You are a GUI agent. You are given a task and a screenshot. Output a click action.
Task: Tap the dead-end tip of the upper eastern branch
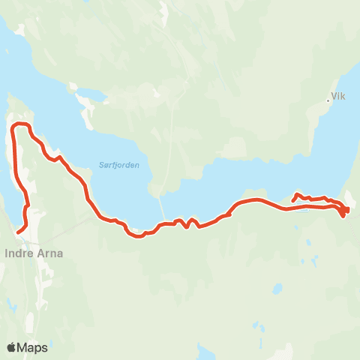292,201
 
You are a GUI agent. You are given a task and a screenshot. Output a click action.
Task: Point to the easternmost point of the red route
348,208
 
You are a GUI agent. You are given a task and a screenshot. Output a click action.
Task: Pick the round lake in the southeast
277,288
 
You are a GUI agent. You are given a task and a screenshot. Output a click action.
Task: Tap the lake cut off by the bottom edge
204,352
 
